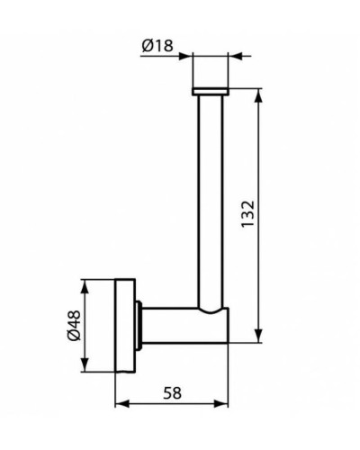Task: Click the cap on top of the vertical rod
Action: (x=211, y=91)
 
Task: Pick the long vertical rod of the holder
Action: (x=211, y=198)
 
